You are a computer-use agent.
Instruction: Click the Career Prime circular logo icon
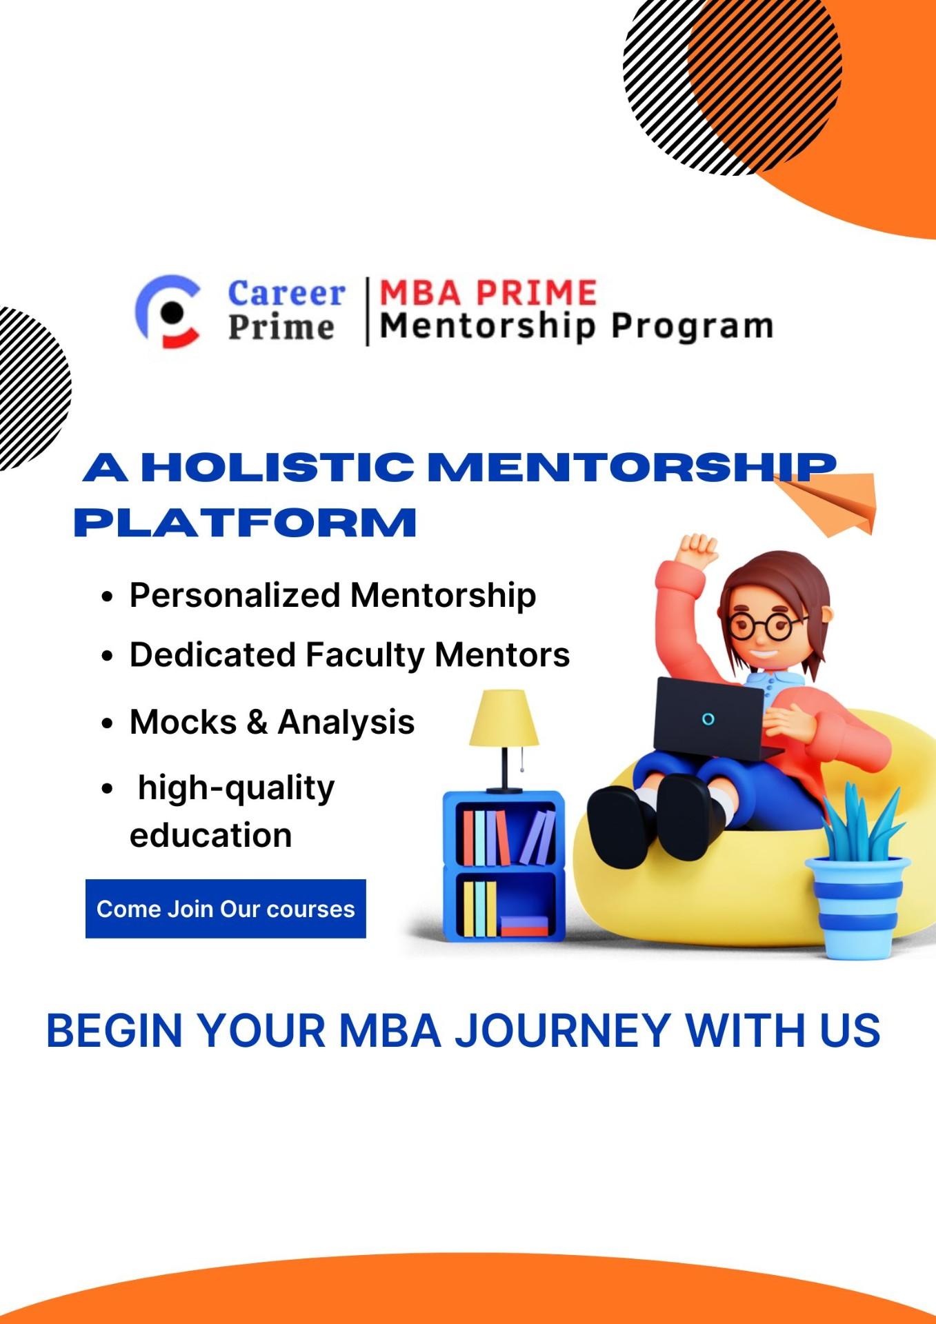168,311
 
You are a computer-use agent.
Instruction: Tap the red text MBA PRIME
488,293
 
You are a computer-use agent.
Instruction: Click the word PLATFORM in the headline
246,523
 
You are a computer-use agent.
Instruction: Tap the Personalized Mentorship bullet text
332,595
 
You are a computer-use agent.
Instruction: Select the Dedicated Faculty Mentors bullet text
350,655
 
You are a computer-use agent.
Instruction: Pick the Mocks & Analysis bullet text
272,723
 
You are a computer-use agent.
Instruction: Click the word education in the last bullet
211,835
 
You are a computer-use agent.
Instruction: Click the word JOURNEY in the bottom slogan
562,1030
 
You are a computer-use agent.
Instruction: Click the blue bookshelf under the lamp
504,865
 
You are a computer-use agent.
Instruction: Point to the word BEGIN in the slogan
114,1030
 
